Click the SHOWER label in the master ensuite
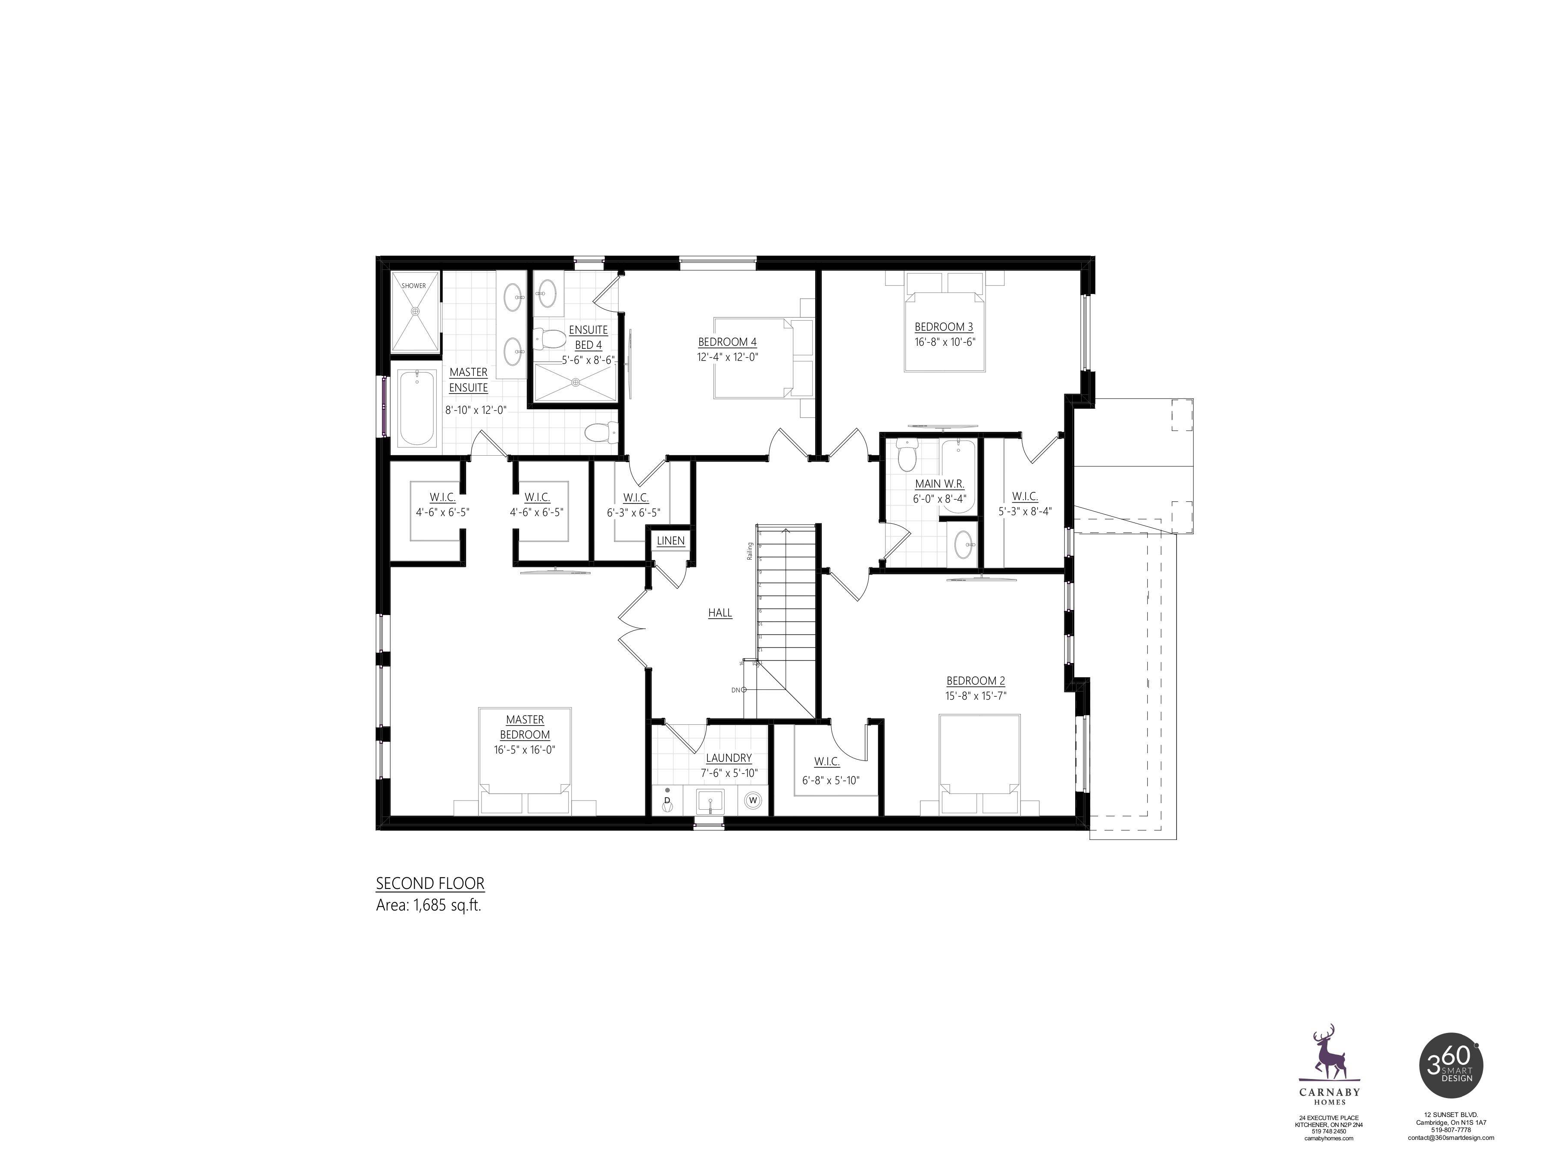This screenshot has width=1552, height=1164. tap(414, 285)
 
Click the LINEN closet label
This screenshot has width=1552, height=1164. tap(671, 541)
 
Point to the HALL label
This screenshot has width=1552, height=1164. tap(720, 613)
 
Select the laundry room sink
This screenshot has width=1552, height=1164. tap(710, 801)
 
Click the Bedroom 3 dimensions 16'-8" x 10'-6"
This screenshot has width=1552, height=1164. tap(945, 342)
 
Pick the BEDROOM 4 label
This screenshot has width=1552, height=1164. tap(727, 342)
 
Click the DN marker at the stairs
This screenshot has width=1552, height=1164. tap(736, 690)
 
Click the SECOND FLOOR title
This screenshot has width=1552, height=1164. tap(430, 883)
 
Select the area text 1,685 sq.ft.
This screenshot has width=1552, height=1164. tap(429, 905)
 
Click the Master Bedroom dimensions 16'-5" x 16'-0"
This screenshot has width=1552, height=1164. tap(525, 749)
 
